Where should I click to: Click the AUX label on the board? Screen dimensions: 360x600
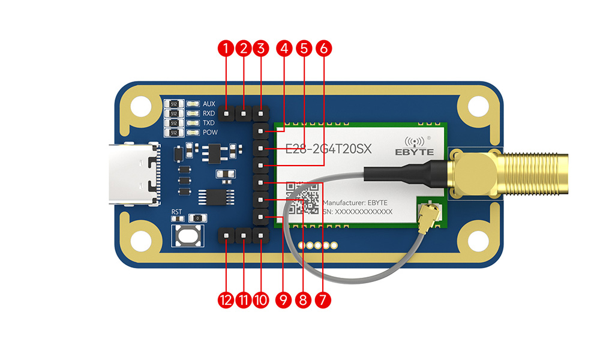[x=209, y=104]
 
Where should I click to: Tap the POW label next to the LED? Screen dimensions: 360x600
[x=210, y=132]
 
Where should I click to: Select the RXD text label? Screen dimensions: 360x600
[x=209, y=113]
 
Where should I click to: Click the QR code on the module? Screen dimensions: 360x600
[x=302, y=199]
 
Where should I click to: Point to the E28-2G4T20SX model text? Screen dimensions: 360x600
[x=328, y=149]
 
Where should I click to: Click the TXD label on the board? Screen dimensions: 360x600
[x=209, y=122]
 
